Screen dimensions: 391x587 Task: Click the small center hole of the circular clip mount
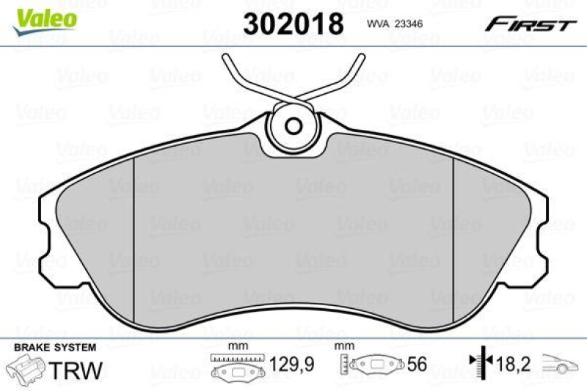pyautogui.click(x=293, y=125)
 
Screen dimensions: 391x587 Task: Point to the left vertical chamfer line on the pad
pyautogui.click(x=134, y=242)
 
